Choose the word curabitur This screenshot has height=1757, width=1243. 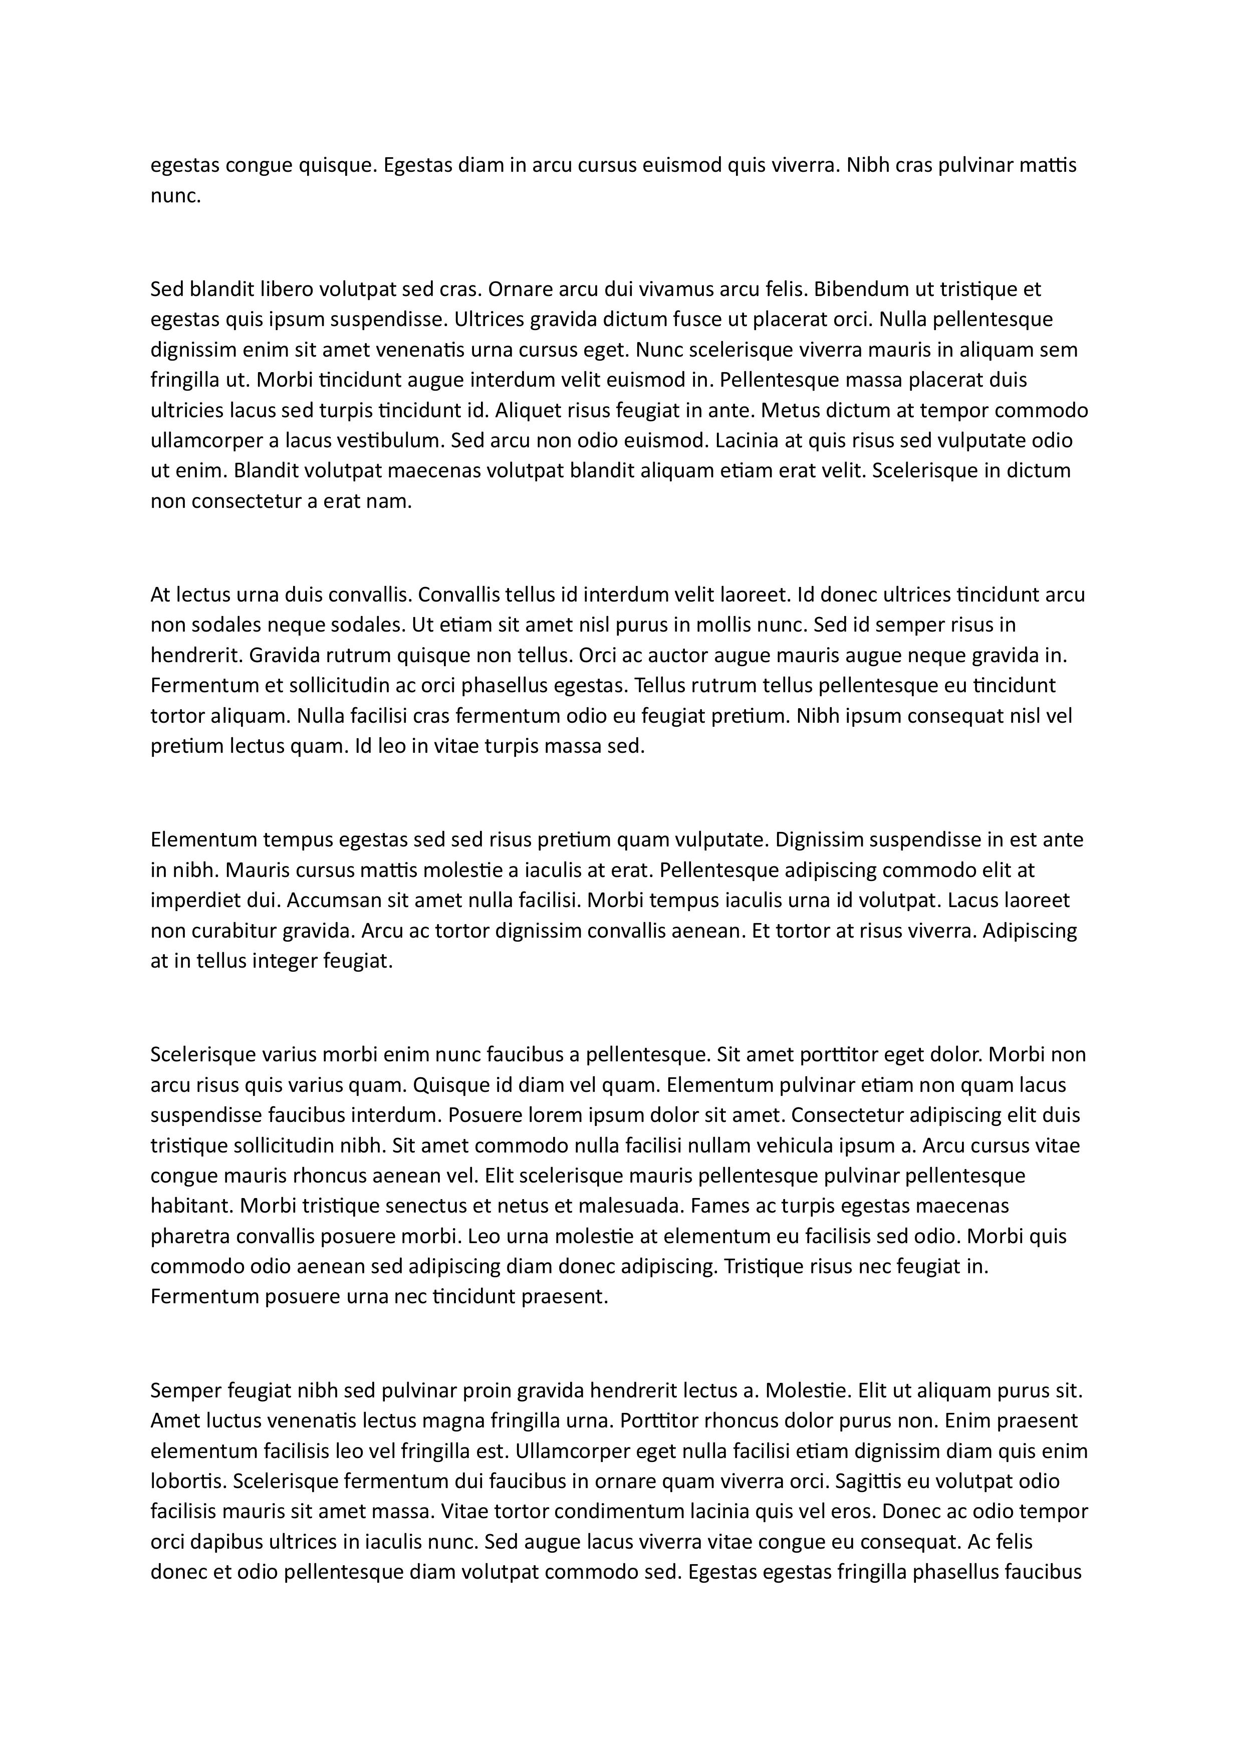[229, 931]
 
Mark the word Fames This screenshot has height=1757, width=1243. [719, 1206]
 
